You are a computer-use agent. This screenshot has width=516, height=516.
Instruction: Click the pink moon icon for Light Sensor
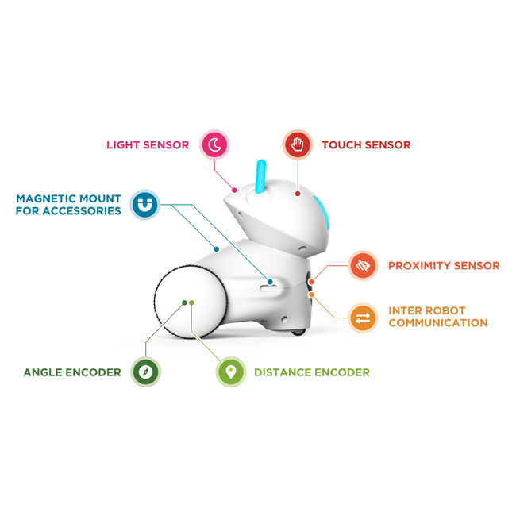pos(214,144)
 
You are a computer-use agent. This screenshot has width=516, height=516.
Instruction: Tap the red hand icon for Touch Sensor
pos(298,144)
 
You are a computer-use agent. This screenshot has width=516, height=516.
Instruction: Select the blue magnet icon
pos(144,205)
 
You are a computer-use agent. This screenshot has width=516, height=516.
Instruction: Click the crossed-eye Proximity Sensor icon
pos(363,265)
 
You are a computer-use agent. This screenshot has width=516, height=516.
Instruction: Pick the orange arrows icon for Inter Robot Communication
pos(363,318)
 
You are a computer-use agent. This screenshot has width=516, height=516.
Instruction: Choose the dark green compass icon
pos(145,372)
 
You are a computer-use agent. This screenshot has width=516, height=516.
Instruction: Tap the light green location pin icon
pos(231,372)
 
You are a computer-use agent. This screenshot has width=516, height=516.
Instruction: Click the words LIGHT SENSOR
pos(148,144)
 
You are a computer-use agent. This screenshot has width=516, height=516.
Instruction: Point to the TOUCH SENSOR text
pos(366,144)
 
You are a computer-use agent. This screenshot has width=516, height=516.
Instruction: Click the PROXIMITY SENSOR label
pos(444,266)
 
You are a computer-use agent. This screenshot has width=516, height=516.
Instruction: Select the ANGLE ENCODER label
pos(72,372)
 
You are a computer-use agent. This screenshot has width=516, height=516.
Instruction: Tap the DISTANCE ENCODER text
pos(312,372)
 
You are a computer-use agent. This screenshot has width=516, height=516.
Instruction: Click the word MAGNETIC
pos(46,198)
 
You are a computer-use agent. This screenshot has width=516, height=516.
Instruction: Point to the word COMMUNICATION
pos(438,323)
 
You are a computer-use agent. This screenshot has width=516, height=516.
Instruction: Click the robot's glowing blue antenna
pos(260,176)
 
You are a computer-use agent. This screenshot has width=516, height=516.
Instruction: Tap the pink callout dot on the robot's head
pos(235,191)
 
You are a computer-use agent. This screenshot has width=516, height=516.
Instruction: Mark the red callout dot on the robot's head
pos(298,194)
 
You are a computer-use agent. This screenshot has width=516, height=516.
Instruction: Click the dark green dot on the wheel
pos(185,302)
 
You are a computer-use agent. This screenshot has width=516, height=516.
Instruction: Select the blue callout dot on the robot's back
pos(216,249)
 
